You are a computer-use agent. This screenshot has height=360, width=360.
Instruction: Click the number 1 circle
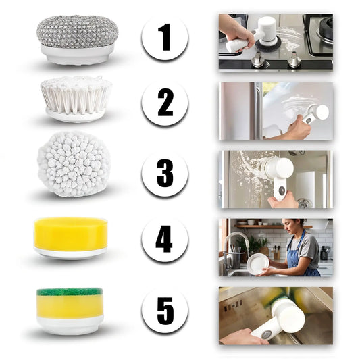coord(165,37)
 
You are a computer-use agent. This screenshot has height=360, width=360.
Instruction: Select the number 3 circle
coord(165,173)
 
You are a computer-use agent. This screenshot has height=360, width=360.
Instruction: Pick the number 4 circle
coord(165,239)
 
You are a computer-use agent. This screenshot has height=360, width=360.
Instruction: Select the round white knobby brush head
coord(73,164)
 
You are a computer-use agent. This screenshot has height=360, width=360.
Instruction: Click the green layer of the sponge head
coord(70,292)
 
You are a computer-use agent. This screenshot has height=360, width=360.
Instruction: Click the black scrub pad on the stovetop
coord(268,45)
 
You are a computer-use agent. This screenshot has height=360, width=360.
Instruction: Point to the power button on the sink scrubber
coord(267,334)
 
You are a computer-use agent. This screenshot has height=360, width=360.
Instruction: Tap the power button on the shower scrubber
coord(282,190)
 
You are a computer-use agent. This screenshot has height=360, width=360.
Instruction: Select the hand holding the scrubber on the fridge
coord(299,128)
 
